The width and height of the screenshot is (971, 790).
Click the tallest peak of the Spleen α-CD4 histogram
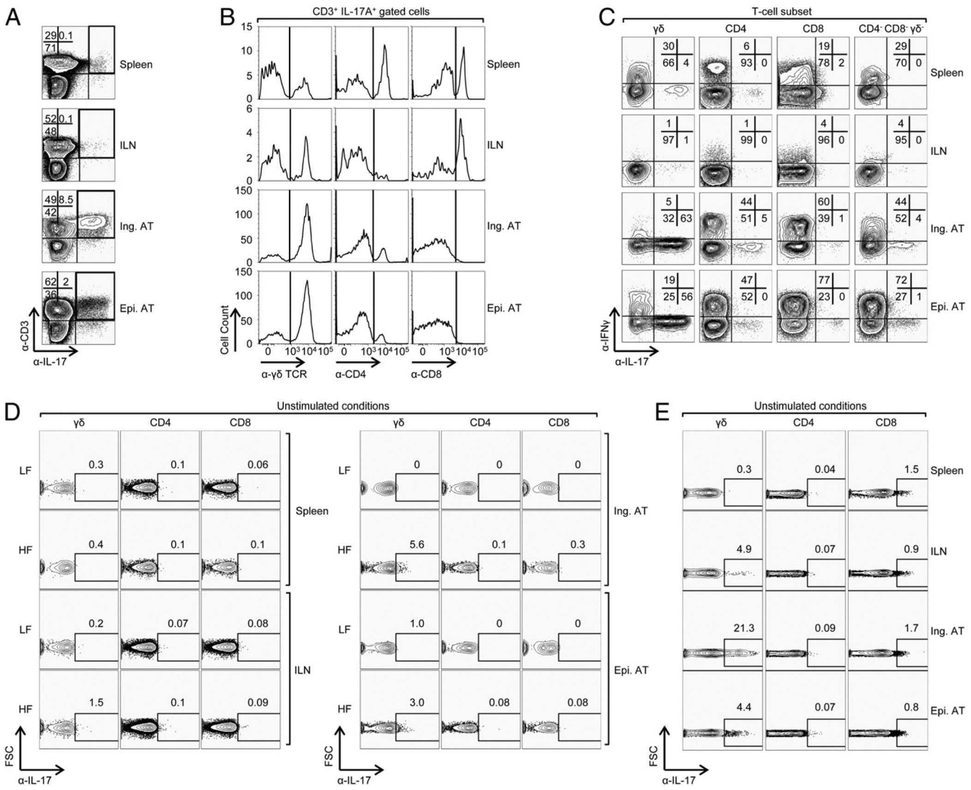tap(384, 45)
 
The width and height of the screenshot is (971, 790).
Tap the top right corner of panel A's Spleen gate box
tap(114, 26)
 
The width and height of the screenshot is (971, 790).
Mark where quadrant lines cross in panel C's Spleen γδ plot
tap(654, 84)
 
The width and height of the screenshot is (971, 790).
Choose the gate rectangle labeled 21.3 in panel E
tap(743, 659)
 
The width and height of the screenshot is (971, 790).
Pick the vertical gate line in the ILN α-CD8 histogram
tap(456, 145)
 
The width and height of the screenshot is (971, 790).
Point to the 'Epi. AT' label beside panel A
tap(136, 308)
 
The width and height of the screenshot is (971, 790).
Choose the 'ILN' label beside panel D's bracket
tap(302, 670)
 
